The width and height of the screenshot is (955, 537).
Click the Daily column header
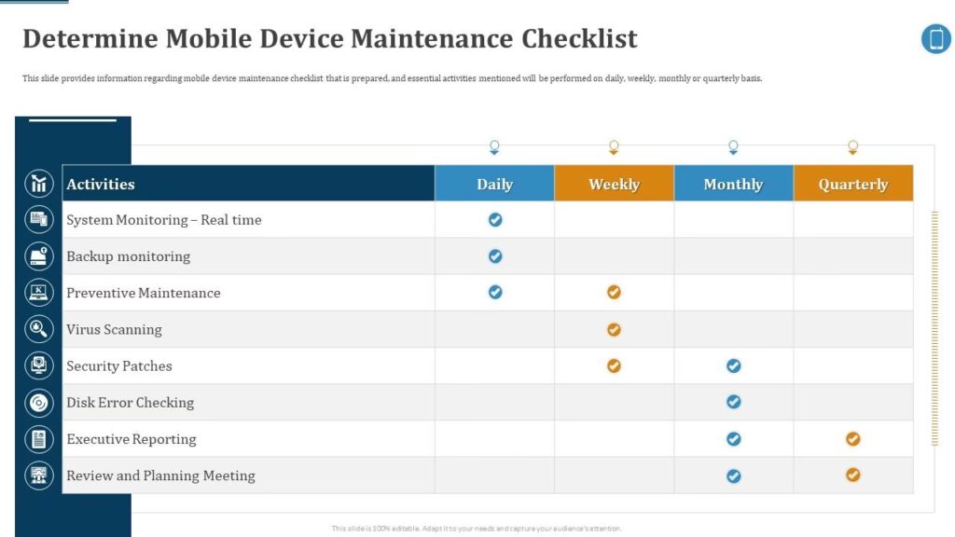[x=494, y=184]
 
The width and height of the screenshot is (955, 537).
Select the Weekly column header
[x=614, y=184]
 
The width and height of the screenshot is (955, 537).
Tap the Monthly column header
[x=733, y=184]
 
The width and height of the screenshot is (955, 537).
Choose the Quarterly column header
[x=852, y=184]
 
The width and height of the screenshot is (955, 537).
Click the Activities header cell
[x=248, y=184]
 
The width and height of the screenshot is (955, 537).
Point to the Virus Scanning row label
[x=114, y=329]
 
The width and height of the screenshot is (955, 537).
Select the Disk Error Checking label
[x=130, y=403]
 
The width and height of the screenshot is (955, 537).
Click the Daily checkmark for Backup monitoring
[x=495, y=256]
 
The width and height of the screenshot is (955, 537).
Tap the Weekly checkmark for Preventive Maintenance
[x=614, y=292]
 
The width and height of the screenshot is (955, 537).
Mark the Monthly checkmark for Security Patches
[x=733, y=365]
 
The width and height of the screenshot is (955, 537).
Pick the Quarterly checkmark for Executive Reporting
[x=852, y=439]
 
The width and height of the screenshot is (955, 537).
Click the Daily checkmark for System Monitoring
[x=495, y=220]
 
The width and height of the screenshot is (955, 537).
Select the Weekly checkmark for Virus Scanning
[x=614, y=329]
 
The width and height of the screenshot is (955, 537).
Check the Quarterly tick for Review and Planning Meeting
[x=852, y=475]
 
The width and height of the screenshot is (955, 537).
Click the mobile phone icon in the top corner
[x=936, y=39]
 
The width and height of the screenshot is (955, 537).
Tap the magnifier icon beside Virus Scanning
[x=39, y=329]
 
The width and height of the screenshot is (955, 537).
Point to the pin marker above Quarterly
[x=852, y=147]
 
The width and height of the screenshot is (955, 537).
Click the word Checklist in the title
[x=579, y=38]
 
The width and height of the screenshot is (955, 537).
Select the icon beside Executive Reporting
[x=39, y=439]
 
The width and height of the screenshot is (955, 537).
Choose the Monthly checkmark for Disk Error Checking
[x=733, y=402]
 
